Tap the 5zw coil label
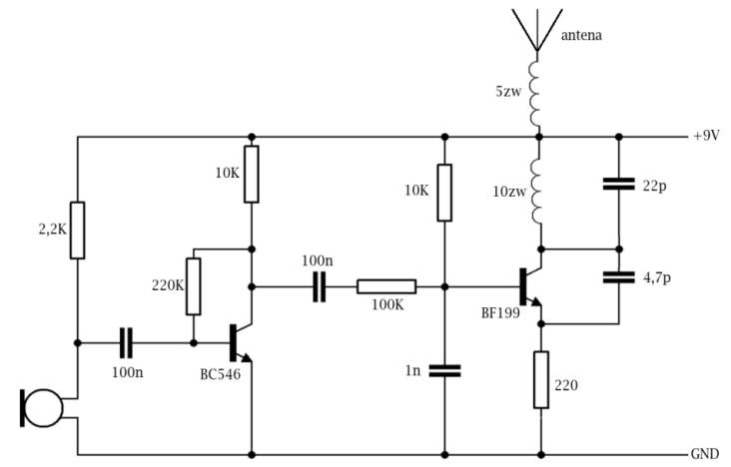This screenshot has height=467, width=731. [508, 92]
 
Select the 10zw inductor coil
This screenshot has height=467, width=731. [536, 192]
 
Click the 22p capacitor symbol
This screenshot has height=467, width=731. [618, 184]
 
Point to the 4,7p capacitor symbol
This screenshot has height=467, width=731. [618, 277]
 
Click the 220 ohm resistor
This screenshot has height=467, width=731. [541, 380]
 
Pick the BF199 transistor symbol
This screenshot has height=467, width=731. [530, 287]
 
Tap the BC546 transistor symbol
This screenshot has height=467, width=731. [241, 343]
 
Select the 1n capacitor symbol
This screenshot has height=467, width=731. [444, 371]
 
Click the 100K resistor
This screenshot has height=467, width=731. [386, 286]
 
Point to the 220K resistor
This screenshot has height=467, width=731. [194, 286]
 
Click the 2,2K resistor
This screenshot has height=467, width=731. [77, 231]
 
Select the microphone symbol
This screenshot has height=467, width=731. [41, 408]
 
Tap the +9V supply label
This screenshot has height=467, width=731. [706, 136]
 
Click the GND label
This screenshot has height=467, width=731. [704, 453]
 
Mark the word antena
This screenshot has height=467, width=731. [581, 35]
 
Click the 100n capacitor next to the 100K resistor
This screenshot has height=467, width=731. [320, 287]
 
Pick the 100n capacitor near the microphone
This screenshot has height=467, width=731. [127, 343]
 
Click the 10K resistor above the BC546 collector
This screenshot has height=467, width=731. [252, 175]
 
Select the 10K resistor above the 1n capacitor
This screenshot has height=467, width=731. [444, 193]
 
